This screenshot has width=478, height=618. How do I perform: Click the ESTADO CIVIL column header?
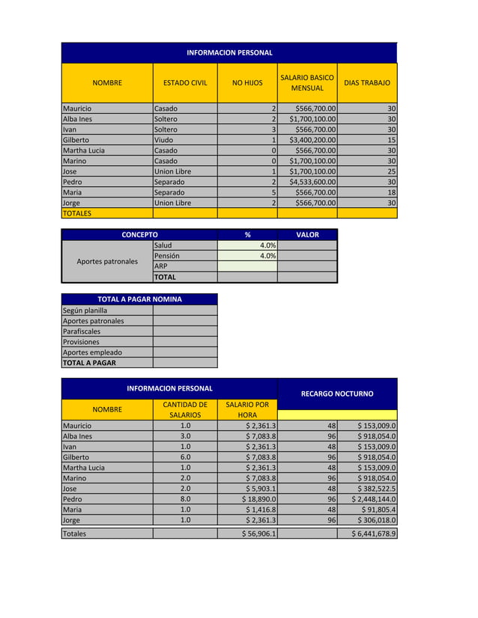pyautogui.click(x=185, y=83)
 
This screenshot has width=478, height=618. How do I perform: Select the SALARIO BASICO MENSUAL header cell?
pyautogui.click(x=306, y=83)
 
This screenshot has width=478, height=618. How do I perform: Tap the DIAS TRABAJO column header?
pyautogui.click(x=366, y=83)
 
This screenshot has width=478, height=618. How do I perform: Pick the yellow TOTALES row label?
pyautogui.click(x=77, y=213)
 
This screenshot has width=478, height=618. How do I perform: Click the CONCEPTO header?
pyautogui.click(x=139, y=235)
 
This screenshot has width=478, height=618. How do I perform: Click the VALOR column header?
pyautogui.click(x=307, y=235)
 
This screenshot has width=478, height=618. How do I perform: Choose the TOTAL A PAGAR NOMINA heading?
pyautogui.click(x=139, y=299)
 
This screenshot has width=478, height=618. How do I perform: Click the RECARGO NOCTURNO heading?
pyautogui.click(x=336, y=394)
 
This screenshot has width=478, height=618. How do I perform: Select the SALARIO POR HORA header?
pyautogui.click(x=246, y=410)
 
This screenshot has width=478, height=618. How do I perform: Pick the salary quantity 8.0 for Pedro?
pyautogui.click(x=185, y=499)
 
